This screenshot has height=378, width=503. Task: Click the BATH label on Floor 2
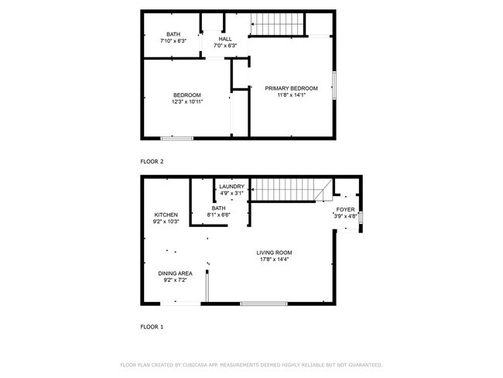click(173, 33)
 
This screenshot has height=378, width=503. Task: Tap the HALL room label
click(225, 39)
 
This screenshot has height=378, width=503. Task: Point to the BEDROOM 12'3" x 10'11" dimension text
click(187, 101)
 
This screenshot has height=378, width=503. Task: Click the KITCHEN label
click(166, 215)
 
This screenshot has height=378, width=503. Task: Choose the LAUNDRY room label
click(231, 187)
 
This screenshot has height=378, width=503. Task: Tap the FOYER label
click(345, 210)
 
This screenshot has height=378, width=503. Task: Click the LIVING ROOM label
click(275, 253)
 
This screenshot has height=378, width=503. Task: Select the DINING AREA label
click(175, 273)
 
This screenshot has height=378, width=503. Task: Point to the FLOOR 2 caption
click(152, 161)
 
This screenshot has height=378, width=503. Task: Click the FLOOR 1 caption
click(152, 327)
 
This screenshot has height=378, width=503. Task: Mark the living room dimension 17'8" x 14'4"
click(275, 259)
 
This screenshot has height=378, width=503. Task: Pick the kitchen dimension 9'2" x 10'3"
click(166, 222)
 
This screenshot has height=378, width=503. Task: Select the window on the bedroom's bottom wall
click(176, 138)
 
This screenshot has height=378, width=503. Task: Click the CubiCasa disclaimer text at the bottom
click(251, 364)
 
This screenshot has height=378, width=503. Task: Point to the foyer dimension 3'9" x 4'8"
click(345, 217)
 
